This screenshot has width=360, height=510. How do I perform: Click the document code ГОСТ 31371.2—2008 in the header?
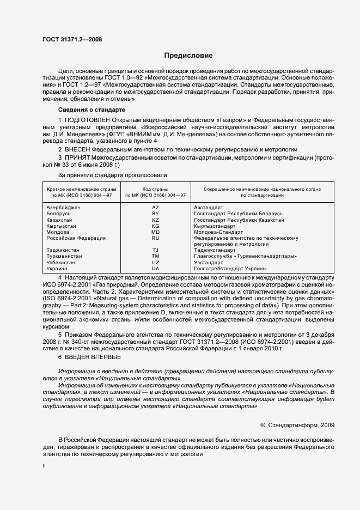[71, 39]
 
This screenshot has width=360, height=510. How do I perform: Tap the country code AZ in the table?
[155, 208]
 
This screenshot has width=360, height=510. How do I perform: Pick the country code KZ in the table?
[155, 220]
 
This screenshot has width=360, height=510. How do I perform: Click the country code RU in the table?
[155, 238]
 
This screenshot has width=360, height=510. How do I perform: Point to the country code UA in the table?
[155, 269]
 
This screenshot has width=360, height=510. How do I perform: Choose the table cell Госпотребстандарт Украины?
[230, 269]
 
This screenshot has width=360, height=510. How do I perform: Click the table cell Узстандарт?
[209, 262]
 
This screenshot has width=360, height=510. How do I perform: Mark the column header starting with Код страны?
[155, 191]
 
